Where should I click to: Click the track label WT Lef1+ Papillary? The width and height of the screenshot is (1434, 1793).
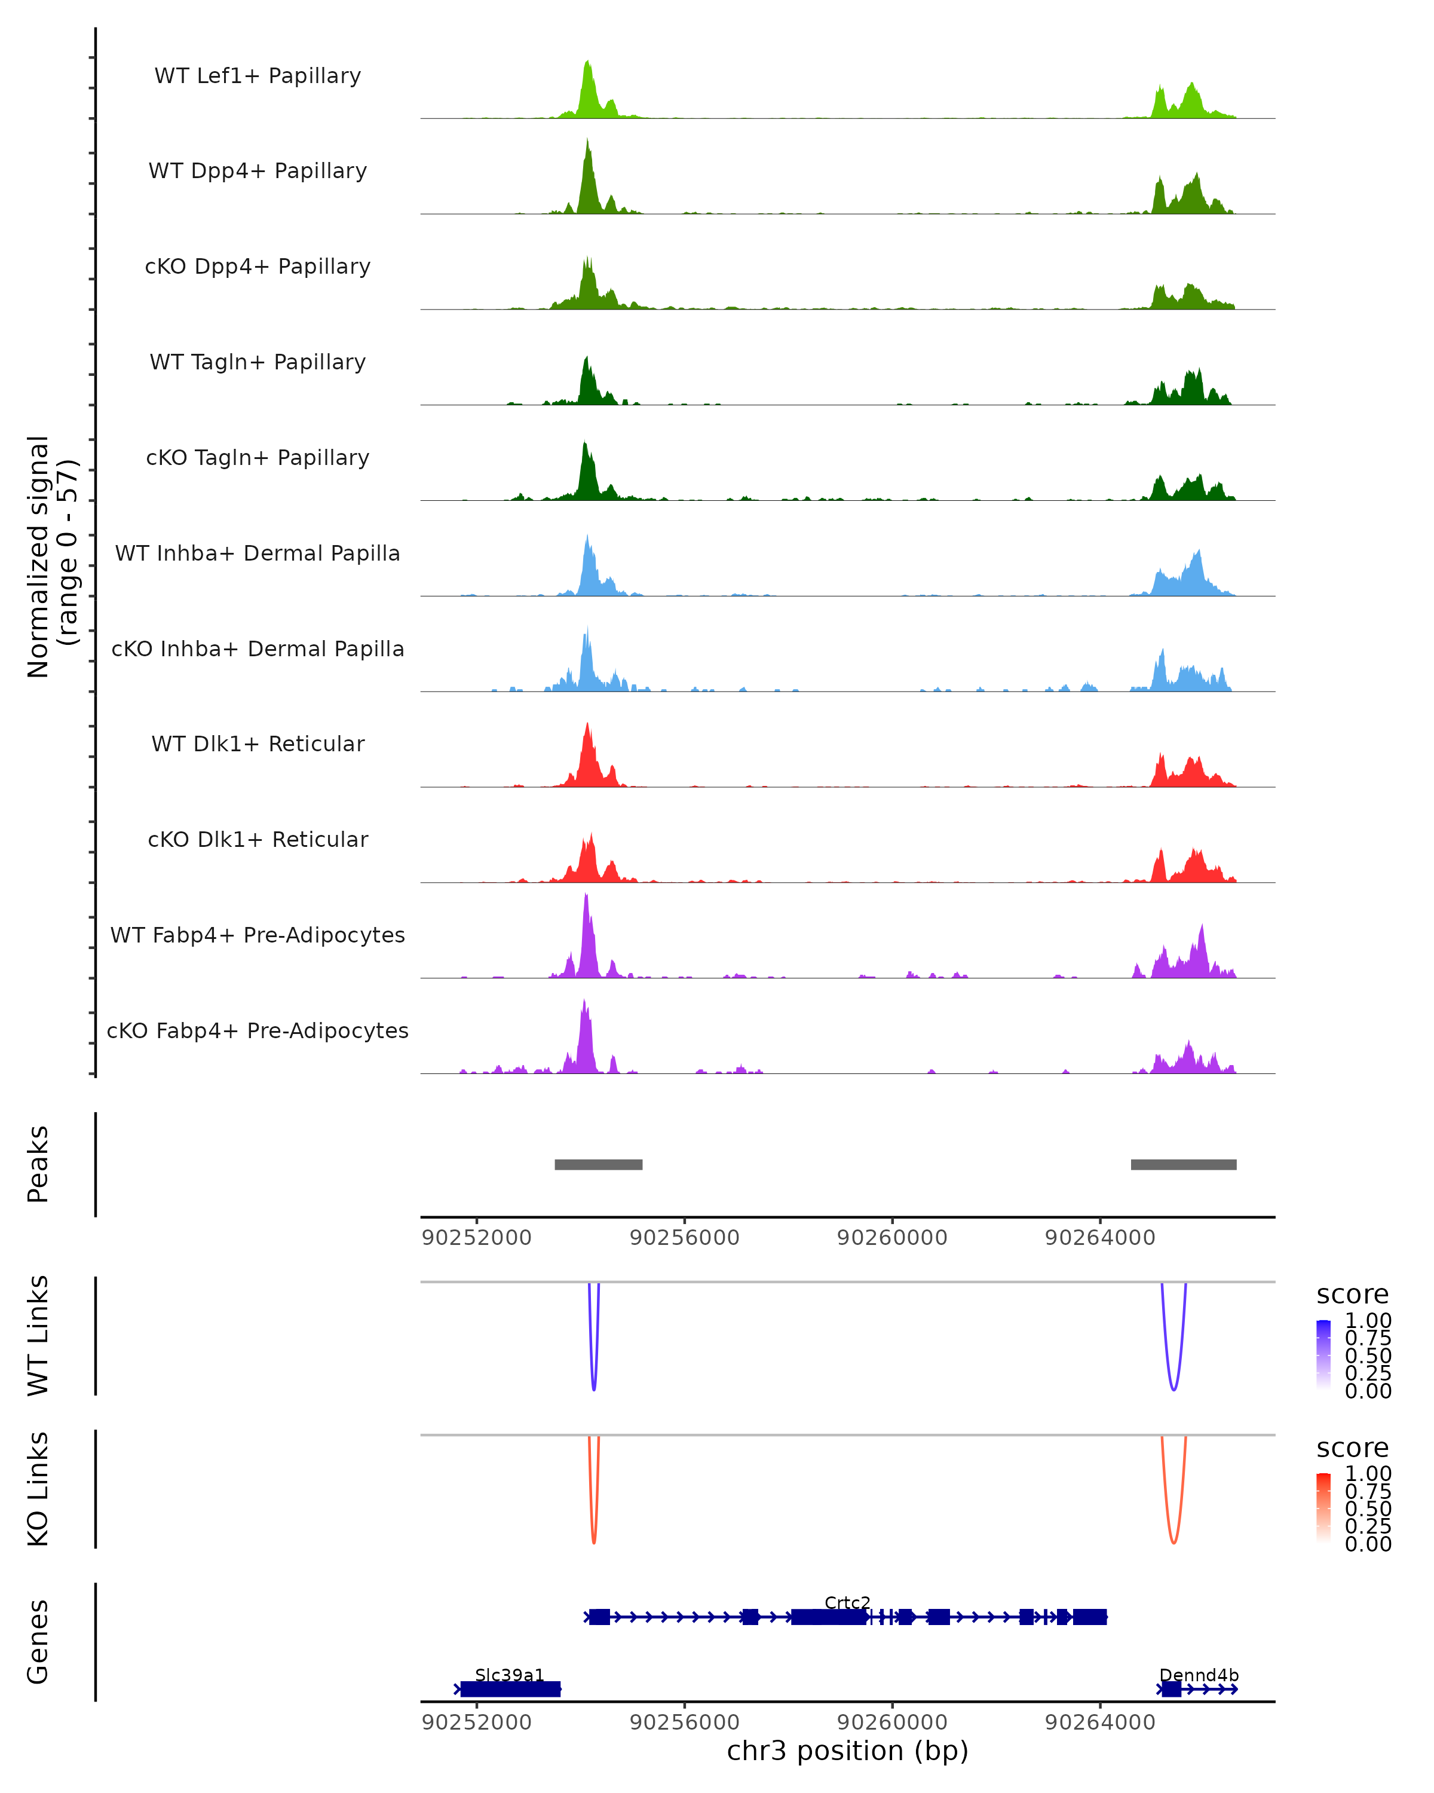click(x=258, y=76)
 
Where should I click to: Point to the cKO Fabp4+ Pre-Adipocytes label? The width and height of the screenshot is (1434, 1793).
click(x=258, y=1030)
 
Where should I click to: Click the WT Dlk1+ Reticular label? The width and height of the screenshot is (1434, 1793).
click(x=258, y=743)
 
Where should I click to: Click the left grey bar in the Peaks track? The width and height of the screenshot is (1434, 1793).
click(x=599, y=1164)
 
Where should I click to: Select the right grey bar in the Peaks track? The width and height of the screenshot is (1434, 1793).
click(x=1183, y=1164)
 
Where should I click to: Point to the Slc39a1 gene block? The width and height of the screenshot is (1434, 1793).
click(x=510, y=1688)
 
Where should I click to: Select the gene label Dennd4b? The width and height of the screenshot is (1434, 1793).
click(x=1199, y=1675)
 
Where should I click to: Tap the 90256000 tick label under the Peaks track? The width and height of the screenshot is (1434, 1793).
click(x=684, y=1238)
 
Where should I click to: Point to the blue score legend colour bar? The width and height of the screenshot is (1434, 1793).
click(x=1323, y=1356)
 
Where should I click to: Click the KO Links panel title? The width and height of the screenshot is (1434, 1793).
click(x=38, y=1489)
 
